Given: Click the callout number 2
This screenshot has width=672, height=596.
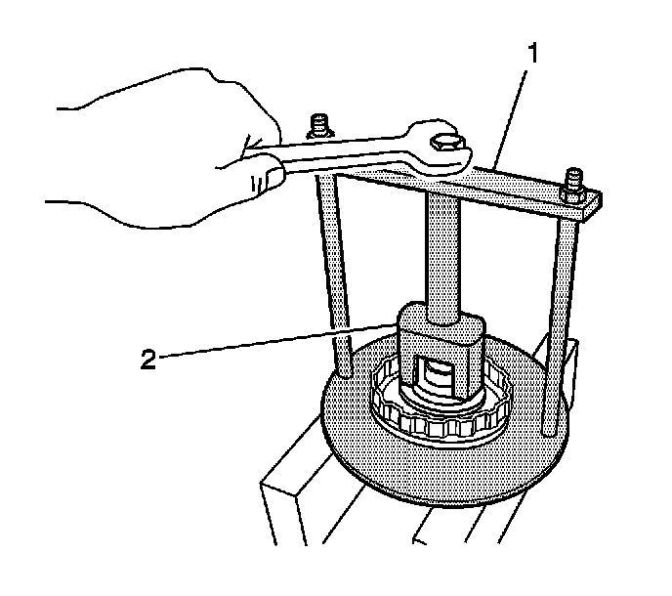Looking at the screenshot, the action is click(148, 360).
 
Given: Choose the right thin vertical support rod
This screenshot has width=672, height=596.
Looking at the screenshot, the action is click(560, 313).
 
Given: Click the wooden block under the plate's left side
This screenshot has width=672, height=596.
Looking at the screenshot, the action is click(293, 508).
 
